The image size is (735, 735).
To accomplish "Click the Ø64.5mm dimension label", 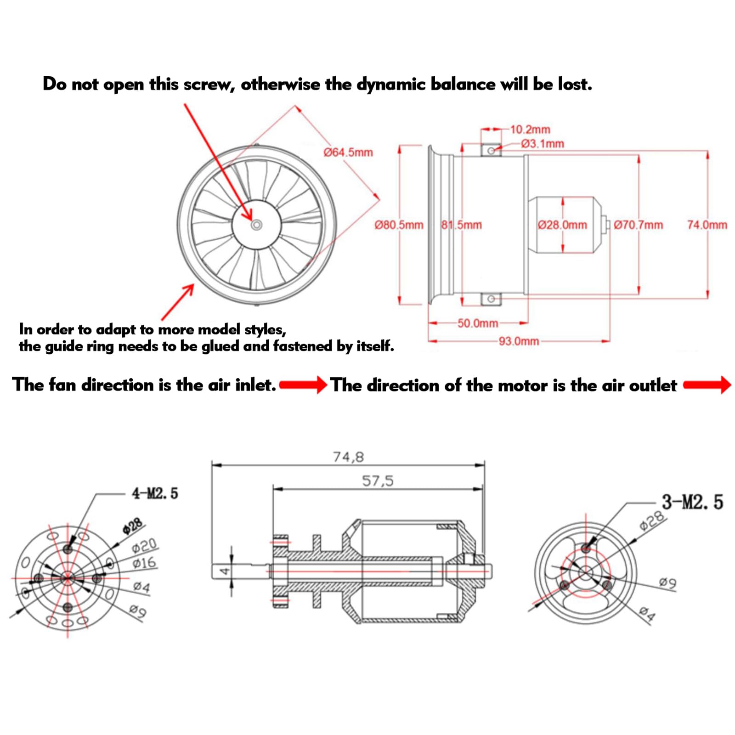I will click(348, 153).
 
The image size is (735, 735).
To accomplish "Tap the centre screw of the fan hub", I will click(257, 225).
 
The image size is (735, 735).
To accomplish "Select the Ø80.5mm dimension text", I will click(399, 225).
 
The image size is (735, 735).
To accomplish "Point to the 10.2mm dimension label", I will click(530, 130).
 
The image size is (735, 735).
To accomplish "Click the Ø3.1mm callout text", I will click(543, 144).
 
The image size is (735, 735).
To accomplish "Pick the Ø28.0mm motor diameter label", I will click(562, 225).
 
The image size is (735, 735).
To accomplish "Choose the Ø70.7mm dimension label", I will click(638, 225).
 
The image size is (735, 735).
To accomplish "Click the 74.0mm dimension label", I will click(707, 225).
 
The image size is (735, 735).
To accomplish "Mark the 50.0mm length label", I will click(477, 323).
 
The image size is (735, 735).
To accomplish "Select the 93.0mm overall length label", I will click(519, 341).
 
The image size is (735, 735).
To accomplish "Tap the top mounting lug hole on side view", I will click(491, 151).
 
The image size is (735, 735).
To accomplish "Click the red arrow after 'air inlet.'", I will click(303, 385).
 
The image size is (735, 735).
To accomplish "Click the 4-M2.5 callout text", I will click(155, 494).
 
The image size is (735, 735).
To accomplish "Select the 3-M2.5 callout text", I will click(692, 502).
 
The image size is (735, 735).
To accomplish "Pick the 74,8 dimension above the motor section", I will click(348, 457).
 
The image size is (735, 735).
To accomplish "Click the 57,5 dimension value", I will click(378, 481).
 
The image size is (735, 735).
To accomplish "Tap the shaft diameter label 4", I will click(224, 571).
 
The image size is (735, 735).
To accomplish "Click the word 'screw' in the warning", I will click(209, 85).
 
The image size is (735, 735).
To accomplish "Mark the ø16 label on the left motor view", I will click(144, 563).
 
